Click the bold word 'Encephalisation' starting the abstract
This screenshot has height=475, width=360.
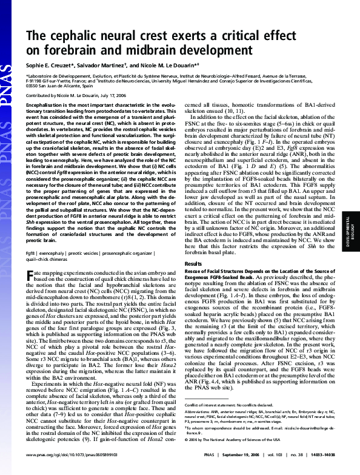tap(44, 105)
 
